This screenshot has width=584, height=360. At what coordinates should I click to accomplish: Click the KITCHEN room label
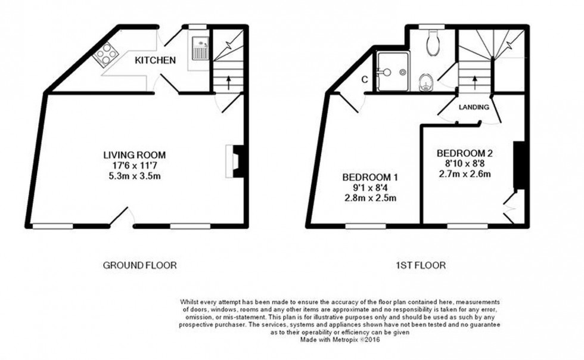[x=155, y=60]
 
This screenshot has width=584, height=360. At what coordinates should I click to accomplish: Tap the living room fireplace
[x=235, y=160]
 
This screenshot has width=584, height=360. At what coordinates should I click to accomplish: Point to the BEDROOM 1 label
[x=369, y=178]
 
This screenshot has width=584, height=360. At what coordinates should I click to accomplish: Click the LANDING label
[x=474, y=107]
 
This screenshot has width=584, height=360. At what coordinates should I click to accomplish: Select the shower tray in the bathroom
[x=392, y=72]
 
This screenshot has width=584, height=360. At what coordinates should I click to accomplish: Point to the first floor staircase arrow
[x=474, y=80]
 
